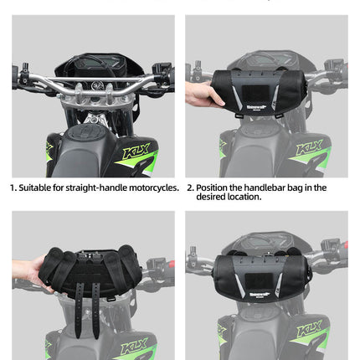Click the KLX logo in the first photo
[136, 153]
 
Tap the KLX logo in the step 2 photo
[310, 149]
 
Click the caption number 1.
[13, 188]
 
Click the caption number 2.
[190, 188]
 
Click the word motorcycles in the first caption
[152, 188]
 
